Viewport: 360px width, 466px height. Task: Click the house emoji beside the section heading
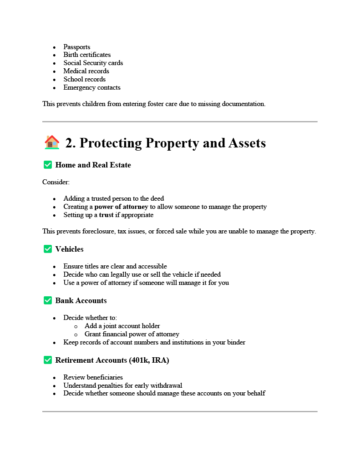click(x=52, y=142)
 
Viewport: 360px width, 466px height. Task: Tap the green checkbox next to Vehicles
click(x=48, y=249)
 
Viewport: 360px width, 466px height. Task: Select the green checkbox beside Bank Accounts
click(x=48, y=300)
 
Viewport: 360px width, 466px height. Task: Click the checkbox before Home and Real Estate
click(x=48, y=165)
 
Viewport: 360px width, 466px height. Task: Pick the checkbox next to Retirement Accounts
click(x=48, y=360)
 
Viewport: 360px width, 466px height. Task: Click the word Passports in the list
click(x=76, y=47)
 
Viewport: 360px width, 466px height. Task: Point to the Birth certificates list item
click(x=87, y=55)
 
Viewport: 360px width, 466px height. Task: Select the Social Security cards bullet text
click(x=93, y=63)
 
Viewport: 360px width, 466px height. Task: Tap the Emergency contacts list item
click(x=92, y=87)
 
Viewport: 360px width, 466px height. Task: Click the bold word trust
click(x=106, y=215)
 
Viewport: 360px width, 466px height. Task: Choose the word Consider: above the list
click(x=56, y=182)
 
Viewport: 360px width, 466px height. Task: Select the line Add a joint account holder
click(x=122, y=326)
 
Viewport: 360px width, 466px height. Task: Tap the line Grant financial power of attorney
click(x=132, y=334)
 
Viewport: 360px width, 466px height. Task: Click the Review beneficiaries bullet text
click(x=93, y=377)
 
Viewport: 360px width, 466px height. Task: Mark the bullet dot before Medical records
click(x=55, y=71)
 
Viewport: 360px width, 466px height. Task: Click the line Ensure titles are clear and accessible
click(x=115, y=266)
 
